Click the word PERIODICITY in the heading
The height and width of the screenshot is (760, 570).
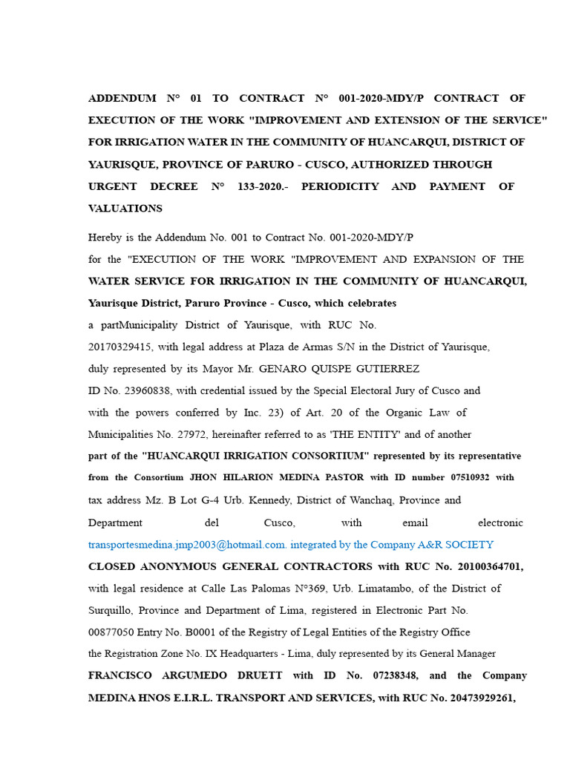(340, 186)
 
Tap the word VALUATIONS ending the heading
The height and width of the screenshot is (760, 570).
(125, 209)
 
